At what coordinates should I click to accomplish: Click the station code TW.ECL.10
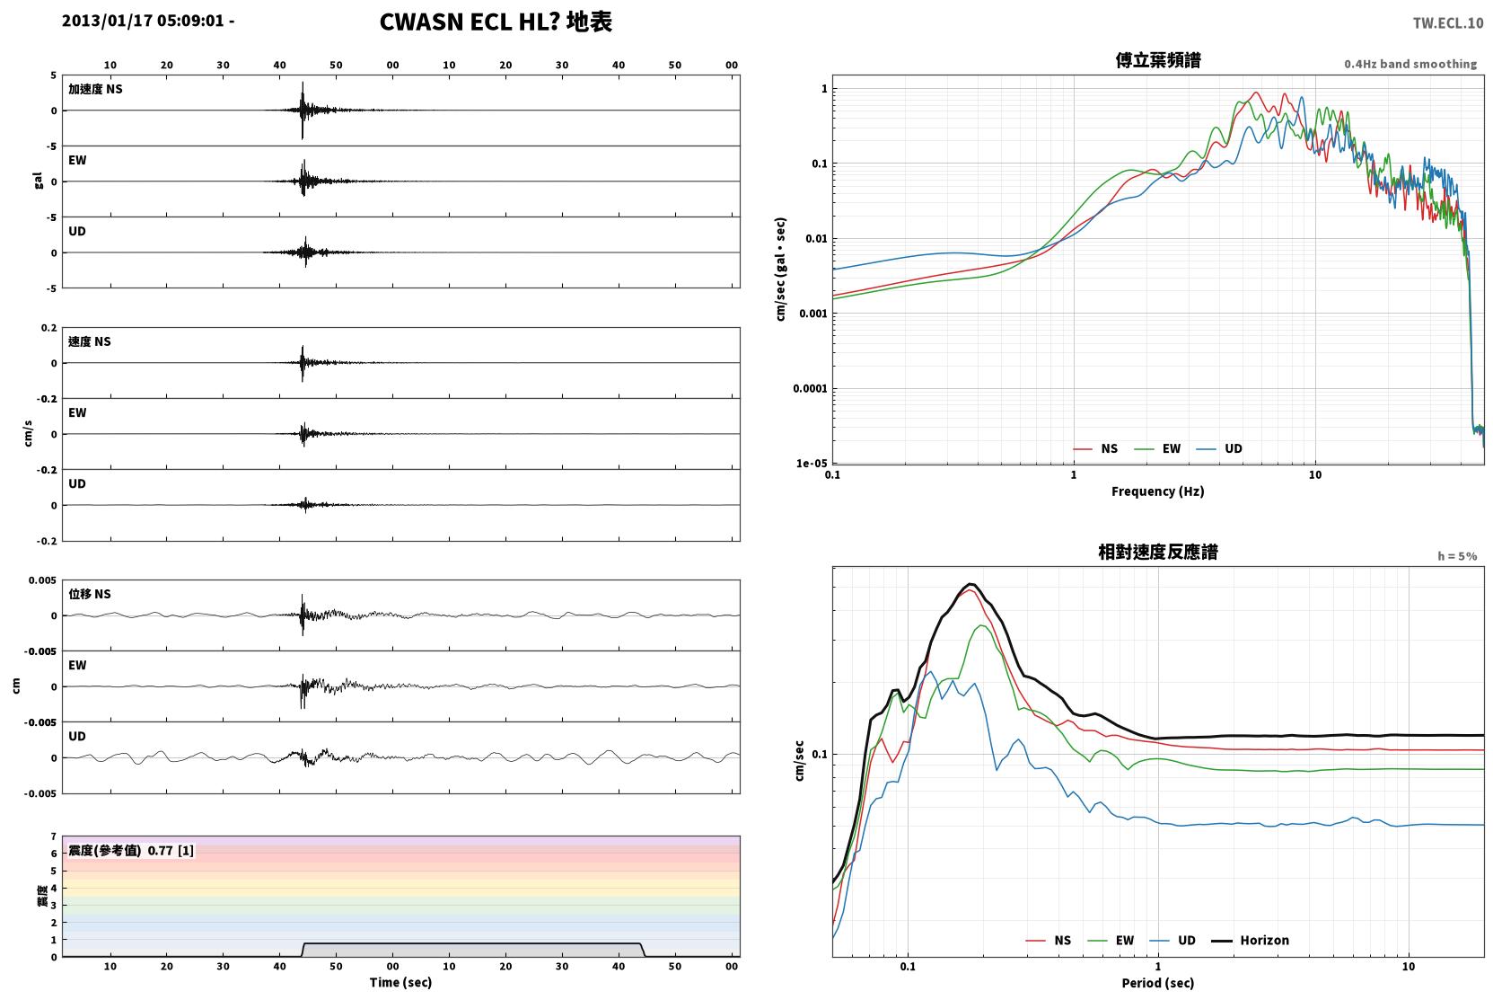point(1448,23)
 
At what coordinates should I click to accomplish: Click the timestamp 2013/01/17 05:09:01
point(143,21)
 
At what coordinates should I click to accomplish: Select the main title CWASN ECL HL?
point(469,22)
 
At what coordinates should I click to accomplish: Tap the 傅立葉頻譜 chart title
point(1158,61)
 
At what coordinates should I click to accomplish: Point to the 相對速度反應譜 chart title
point(1158,553)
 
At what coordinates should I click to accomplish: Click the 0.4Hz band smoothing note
point(1410,64)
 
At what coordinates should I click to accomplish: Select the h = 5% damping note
point(1457,556)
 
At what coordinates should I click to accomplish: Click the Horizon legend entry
point(1251,941)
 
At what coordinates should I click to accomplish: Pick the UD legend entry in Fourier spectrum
point(1220,449)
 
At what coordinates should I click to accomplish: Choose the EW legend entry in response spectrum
point(1111,941)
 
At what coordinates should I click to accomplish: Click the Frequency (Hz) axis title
point(1158,491)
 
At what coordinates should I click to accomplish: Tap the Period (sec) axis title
point(1158,983)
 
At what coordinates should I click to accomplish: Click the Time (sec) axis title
point(400,983)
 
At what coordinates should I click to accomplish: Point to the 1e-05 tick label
point(812,463)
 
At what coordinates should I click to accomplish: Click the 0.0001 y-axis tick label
point(810,388)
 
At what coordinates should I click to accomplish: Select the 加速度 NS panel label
point(95,89)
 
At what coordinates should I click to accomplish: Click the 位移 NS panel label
point(89,595)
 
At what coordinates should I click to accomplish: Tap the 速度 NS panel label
point(89,341)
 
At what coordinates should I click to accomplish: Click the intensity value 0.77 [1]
point(171,851)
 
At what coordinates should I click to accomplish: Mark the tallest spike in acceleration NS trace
point(303,83)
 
